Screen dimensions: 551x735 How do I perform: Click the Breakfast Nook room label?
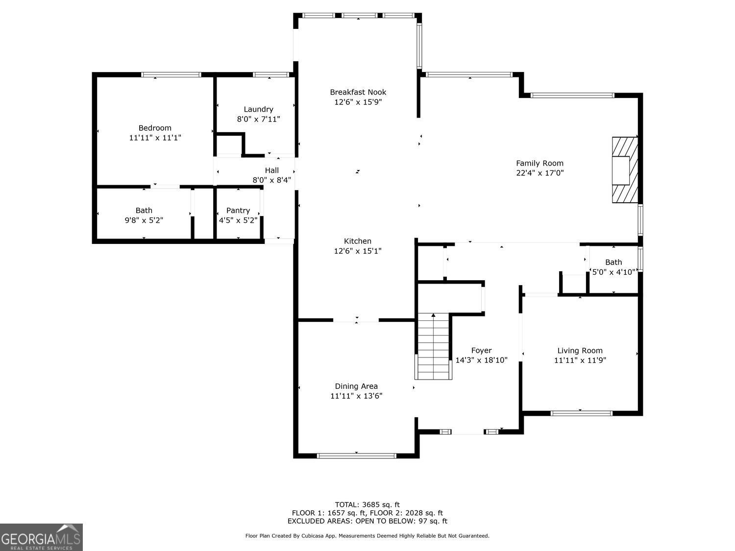(358, 92)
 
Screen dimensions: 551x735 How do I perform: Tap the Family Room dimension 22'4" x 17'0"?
(539, 173)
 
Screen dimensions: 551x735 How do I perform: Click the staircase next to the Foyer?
(433, 347)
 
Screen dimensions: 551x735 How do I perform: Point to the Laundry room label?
(258, 109)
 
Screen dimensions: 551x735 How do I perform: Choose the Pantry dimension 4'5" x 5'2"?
(238, 220)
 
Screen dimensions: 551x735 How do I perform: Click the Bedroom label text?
(155, 128)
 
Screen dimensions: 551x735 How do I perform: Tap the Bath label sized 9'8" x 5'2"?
(144, 211)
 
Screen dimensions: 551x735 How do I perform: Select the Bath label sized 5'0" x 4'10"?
(613, 262)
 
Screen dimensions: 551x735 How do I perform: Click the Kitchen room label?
(358, 241)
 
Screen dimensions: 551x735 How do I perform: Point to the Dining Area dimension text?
(356, 396)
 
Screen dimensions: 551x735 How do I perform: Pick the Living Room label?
(580, 350)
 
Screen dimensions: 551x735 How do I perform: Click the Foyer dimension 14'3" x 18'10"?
(481, 360)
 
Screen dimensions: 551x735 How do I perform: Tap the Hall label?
(272, 170)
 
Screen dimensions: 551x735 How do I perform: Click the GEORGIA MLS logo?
(41, 537)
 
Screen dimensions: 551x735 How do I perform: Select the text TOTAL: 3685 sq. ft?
(367, 504)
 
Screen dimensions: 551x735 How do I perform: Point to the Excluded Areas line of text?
(367, 521)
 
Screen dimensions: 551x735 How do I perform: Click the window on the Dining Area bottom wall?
(356, 456)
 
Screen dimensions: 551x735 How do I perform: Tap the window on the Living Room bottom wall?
(581, 413)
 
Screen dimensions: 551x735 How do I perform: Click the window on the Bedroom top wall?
(171, 75)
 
